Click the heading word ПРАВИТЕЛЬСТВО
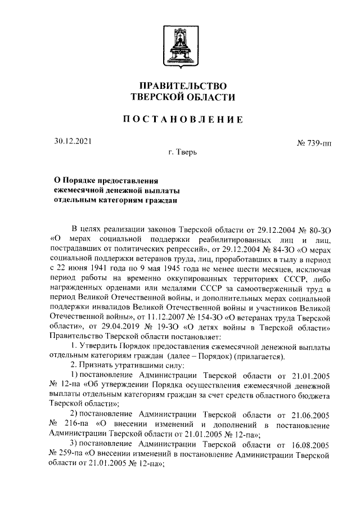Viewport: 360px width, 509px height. (179, 86)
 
